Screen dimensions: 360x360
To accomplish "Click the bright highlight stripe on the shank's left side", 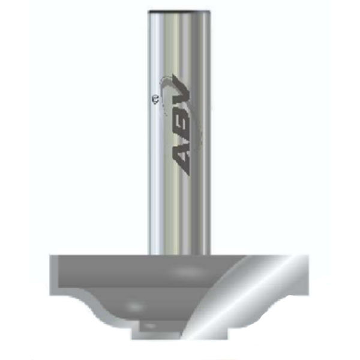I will click(158, 132).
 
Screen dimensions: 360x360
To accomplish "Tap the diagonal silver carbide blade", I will click(240, 294).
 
